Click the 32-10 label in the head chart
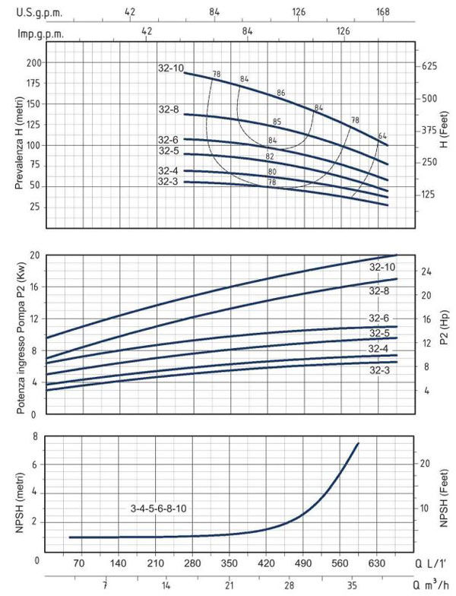173,68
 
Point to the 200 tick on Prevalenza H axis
33,62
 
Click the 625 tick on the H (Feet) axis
429,67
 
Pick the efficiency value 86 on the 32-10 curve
280,93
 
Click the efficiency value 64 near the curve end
382,136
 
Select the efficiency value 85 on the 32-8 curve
277,122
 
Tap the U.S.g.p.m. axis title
40,13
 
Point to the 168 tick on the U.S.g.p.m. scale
382,13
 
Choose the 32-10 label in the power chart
382,267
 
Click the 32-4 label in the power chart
379,348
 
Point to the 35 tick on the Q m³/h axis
352,586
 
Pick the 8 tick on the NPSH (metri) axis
35,436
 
